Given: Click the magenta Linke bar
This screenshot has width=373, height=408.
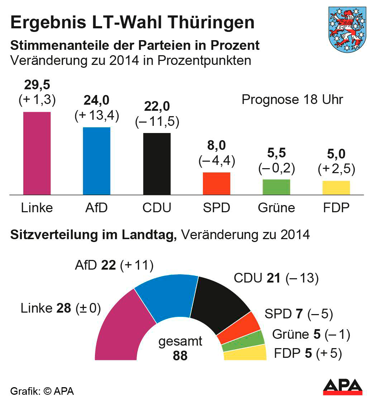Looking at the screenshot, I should point(37,153).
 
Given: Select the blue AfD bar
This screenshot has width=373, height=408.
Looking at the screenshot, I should point(96,161).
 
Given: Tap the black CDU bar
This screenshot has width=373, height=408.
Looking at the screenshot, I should point(157,164).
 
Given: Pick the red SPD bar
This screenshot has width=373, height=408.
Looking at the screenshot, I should point(216,184).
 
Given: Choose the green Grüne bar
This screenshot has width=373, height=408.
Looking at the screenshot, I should point(276,187).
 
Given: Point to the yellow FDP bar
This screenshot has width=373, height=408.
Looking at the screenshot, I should point(336,188).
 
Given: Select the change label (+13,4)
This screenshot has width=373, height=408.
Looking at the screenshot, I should point(97,116).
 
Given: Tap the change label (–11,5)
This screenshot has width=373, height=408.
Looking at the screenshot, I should point(157,122).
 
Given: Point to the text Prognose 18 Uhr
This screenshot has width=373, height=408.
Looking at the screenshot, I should point(292,99).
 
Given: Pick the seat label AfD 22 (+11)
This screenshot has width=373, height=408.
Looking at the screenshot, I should point(114,265).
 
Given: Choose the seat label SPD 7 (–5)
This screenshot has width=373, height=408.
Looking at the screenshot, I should point(299,314).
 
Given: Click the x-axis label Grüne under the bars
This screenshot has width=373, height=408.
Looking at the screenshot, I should point(276,208).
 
